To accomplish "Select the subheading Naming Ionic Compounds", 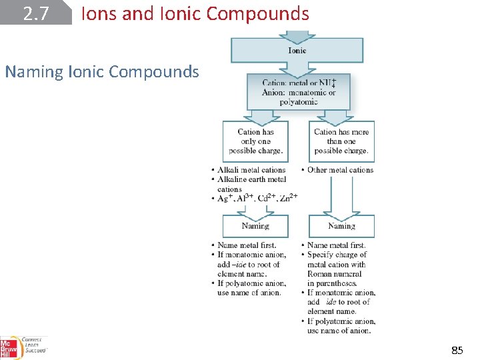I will click(x=102, y=71).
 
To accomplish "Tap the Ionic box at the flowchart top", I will click(x=297, y=50).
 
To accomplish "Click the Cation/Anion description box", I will click(x=298, y=92).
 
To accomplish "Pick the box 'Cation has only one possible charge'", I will click(x=255, y=141).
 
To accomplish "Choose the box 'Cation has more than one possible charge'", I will click(x=341, y=141).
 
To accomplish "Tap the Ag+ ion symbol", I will click(x=224, y=198).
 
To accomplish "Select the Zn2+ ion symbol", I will click(x=289, y=198).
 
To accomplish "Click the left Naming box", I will click(x=255, y=226).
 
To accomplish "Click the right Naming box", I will click(x=341, y=226).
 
